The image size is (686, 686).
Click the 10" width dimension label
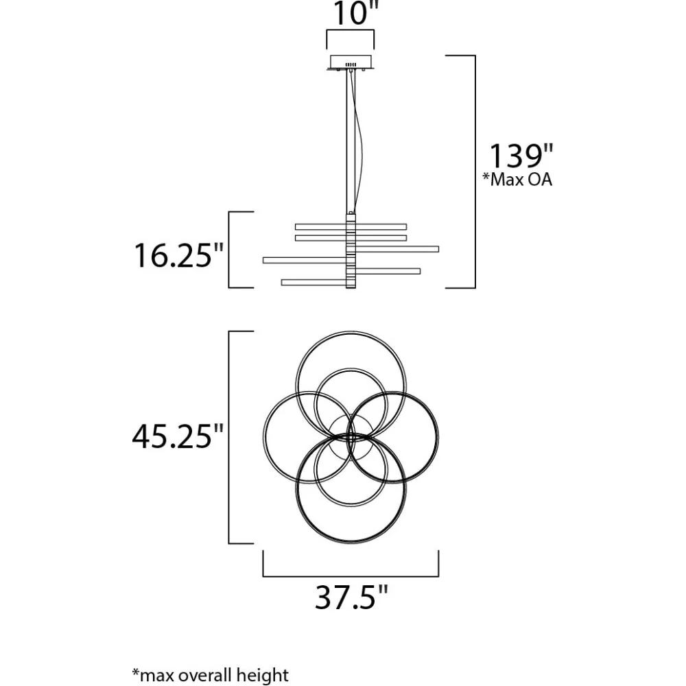click(x=352, y=13)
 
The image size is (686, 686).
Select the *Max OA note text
click(x=517, y=179)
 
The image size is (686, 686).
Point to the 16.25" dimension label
click(x=178, y=255)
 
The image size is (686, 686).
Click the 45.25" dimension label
click(x=178, y=436)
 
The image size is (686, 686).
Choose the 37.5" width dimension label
click(x=351, y=598)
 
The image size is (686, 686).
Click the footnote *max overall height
click(x=211, y=674)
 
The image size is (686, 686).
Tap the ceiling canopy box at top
click(x=351, y=62)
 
